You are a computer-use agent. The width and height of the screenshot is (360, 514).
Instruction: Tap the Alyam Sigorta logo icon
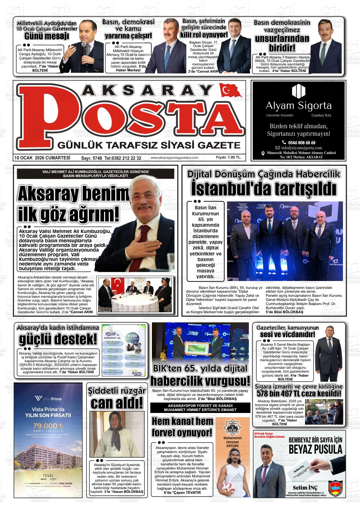point(298,91)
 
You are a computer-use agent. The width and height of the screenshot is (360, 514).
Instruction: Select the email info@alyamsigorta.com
point(302,148)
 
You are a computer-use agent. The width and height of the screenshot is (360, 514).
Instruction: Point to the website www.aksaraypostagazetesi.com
point(174,158)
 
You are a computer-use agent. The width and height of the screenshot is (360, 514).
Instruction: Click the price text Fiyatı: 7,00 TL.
point(229,157)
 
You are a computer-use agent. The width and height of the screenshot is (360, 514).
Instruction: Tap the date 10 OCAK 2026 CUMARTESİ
point(42,158)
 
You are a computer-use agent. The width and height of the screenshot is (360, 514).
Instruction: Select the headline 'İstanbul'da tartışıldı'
point(263,189)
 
